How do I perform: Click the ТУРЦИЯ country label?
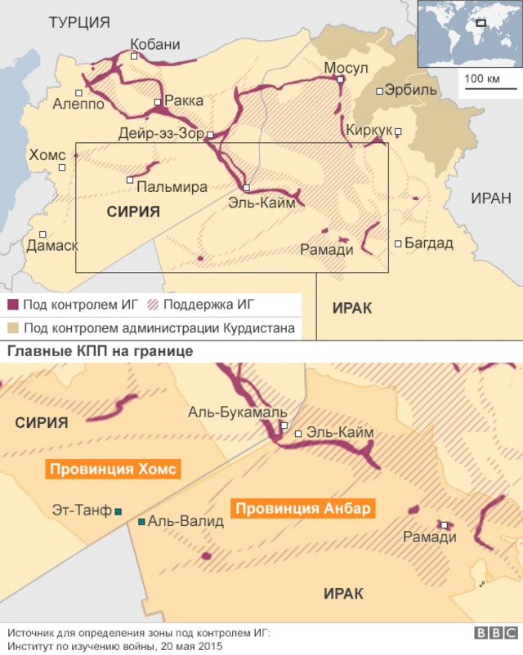point(79,23)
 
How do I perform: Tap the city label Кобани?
point(155,45)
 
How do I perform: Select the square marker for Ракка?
point(158,102)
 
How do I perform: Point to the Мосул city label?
point(346,67)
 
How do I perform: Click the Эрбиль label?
point(410,91)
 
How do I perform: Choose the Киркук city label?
point(368,129)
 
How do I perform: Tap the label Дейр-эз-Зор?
point(161,134)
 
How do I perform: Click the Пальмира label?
point(172,187)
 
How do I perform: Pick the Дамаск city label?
point(52,245)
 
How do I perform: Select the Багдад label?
point(428,243)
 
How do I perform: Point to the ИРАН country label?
point(490,198)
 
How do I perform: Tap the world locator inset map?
point(468,33)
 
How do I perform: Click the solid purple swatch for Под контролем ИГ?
point(13,305)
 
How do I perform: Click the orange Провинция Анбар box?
point(304,509)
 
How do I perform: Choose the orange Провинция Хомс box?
point(113,470)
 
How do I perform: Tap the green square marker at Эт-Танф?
point(118,511)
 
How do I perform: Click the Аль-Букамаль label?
point(238,412)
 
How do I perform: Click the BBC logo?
point(494,634)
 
